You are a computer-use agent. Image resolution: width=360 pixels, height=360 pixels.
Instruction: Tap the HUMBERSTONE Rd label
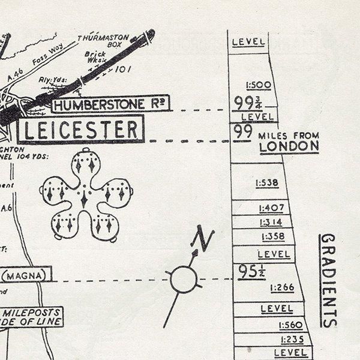point(109,105)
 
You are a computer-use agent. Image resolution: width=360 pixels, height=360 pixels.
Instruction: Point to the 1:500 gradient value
point(258,85)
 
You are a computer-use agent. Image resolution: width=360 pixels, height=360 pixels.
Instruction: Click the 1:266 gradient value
point(282,287)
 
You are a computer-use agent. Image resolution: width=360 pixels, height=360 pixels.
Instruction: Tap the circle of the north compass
point(183,280)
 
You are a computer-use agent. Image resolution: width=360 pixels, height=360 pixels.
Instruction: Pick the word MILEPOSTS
point(31,313)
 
